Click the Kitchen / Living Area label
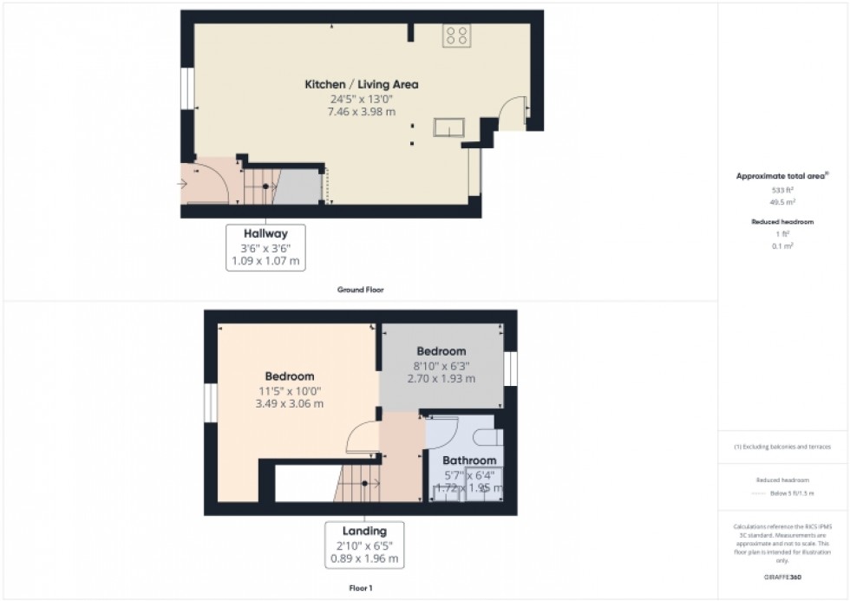tap(361, 84)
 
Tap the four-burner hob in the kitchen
tap(456, 35)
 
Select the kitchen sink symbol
tap(449, 127)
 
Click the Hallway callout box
tap(265, 247)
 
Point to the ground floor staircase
tap(259, 185)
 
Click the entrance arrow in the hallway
tap(185, 184)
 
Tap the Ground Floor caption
tap(361, 290)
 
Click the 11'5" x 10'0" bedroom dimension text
tap(289, 390)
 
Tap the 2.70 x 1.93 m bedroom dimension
tap(441, 378)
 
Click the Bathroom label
tap(469, 461)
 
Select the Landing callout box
tap(364, 544)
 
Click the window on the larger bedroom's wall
tap(209, 403)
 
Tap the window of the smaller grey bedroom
tap(512, 369)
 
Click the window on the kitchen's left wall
tap(186, 88)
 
